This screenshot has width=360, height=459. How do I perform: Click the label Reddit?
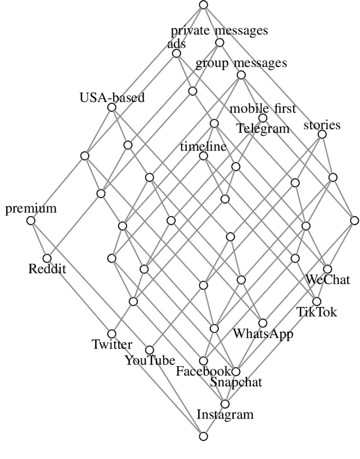point(47,269)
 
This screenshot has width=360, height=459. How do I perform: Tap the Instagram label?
point(225,415)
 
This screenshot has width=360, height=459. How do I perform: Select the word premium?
point(31,209)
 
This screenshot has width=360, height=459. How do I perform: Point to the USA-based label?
point(112,97)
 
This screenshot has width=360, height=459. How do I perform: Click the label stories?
point(322,124)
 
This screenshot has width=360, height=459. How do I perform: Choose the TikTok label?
point(317,312)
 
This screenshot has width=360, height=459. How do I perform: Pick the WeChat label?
point(327,280)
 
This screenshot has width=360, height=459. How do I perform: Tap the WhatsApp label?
point(263,334)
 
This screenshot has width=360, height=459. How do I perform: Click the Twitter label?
point(112,345)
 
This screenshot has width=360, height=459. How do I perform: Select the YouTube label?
point(150,361)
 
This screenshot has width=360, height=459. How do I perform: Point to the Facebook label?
point(204,371)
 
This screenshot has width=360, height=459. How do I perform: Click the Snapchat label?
point(236,382)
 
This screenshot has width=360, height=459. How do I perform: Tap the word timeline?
point(203,147)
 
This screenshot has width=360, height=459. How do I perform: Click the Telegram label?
point(263,128)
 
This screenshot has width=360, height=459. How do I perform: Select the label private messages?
point(219,31)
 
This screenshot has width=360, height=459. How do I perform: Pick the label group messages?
point(241,63)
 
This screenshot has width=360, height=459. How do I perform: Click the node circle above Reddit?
point(47,258)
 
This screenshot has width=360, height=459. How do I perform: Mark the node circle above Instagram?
point(225,404)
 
